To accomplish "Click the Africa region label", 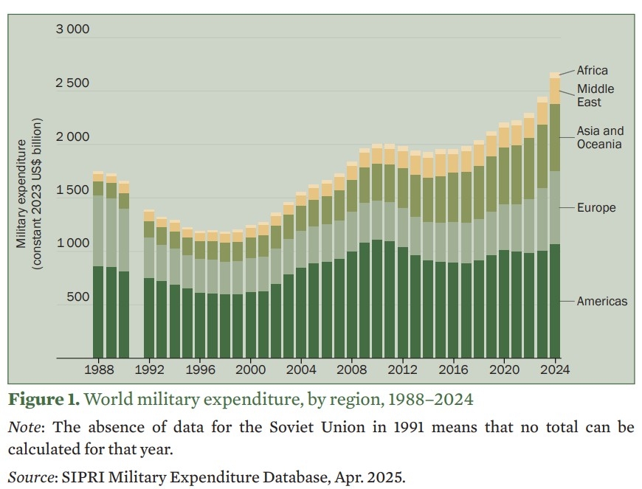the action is click(x=592, y=70).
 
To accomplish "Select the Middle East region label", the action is click(x=596, y=95).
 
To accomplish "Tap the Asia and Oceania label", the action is click(x=600, y=137).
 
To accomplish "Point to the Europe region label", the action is click(x=596, y=207).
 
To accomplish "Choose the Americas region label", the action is click(x=602, y=301).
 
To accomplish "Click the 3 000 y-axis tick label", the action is click(x=72, y=30).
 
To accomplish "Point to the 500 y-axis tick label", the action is click(x=77, y=296).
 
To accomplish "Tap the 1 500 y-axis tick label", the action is click(x=72, y=190).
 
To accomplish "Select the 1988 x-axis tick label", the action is click(x=99, y=370).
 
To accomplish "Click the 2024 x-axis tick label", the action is click(x=555, y=370).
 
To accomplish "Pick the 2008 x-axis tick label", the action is click(x=352, y=370).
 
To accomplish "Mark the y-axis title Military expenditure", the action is click(x=21, y=193).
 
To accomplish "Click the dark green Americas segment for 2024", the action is click(x=555, y=301).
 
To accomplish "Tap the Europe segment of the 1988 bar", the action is click(x=98, y=231).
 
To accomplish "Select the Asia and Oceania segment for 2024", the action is click(x=555, y=137).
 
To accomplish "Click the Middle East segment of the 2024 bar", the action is click(x=555, y=91).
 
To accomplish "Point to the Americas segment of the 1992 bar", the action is click(x=149, y=318).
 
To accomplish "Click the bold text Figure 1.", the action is click(x=44, y=399).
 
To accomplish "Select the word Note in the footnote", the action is click(x=24, y=427).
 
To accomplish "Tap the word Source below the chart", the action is click(x=31, y=477).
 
